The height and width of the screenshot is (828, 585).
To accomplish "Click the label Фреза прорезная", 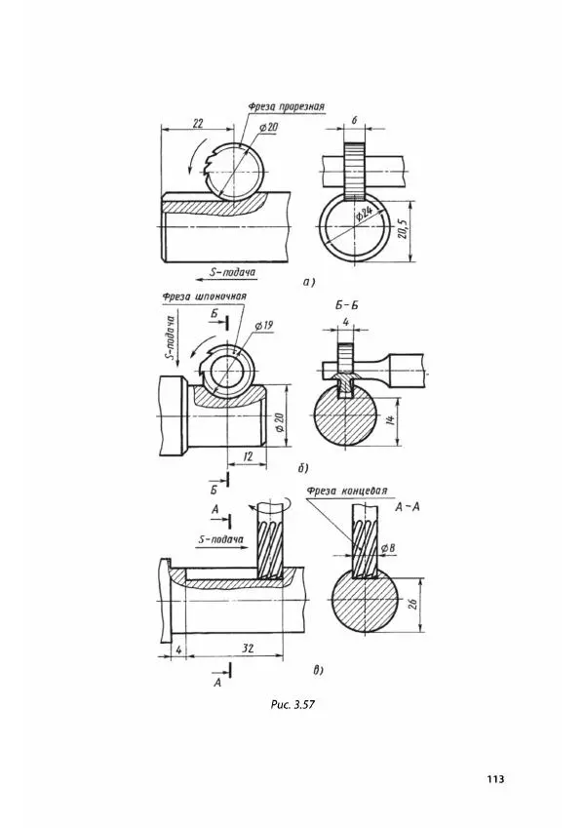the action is (x=287, y=106).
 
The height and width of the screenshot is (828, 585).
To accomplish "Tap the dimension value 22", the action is (x=198, y=123).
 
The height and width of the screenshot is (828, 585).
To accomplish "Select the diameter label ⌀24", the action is (x=365, y=215).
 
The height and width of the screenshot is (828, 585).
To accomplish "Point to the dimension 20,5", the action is (x=402, y=230).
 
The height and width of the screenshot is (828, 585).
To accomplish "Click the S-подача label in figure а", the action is (x=233, y=272).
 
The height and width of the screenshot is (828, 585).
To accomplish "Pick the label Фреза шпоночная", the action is (x=205, y=296).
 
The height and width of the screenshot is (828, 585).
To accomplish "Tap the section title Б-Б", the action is (x=346, y=306).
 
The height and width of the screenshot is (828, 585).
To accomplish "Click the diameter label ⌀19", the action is (x=263, y=326).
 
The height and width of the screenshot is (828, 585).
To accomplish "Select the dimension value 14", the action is (x=390, y=421).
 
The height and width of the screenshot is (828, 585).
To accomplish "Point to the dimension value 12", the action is (x=249, y=456).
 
